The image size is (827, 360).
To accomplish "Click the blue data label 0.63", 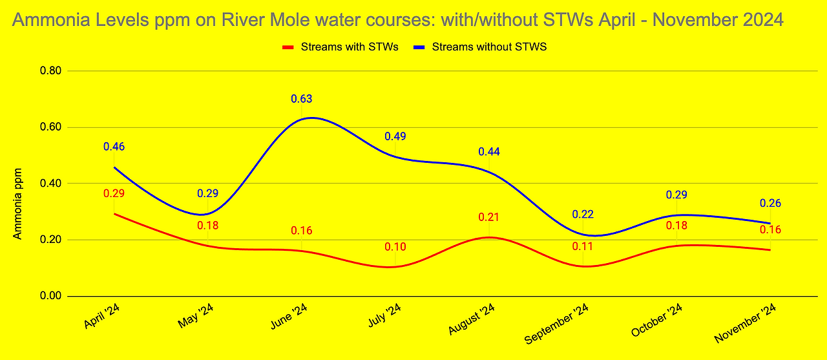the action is click(x=301, y=99).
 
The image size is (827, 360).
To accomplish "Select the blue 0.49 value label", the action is click(x=395, y=136).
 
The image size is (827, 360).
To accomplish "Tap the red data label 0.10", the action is click(x=395, y=247).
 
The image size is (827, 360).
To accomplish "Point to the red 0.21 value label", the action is click(x=489, y=217).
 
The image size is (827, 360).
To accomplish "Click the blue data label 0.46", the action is click(x=114, y=147).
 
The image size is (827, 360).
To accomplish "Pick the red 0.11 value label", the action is click(x=583, y=246).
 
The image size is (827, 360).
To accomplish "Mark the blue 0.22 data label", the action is click(x=583, y=214).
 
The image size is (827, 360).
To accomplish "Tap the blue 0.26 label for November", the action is click(x=770, y=203).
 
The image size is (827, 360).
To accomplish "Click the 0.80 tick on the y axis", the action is click(x=50, y=70).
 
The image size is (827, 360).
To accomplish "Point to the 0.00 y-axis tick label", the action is click(x=50, y=296).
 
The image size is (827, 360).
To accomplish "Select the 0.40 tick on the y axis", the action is click(x=50, y=183).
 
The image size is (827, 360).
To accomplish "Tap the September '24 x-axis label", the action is click(x=556, y=324).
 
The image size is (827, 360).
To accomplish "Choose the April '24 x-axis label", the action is click(x=102, y=316).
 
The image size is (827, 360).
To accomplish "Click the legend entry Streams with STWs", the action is click(x=340, y=47).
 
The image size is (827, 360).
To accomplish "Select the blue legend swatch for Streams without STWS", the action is click(x=419, y=47).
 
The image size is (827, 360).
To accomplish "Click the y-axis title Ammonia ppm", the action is click(x=17, y=204).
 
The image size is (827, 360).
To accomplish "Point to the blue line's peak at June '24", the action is click(x=311, y=118).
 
